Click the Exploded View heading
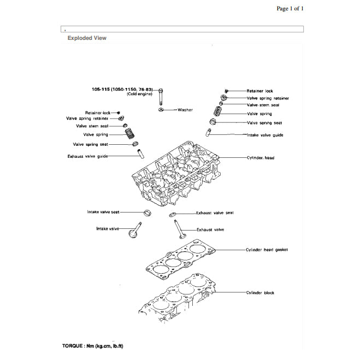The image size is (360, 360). point(87,38)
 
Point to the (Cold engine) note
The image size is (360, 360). point(139,94)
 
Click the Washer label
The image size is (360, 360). point(185,110)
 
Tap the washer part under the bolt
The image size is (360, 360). point(162,110)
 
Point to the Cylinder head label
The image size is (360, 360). point(261,158)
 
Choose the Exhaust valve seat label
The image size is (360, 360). point(215,213)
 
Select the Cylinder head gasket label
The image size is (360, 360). point(267,250)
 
